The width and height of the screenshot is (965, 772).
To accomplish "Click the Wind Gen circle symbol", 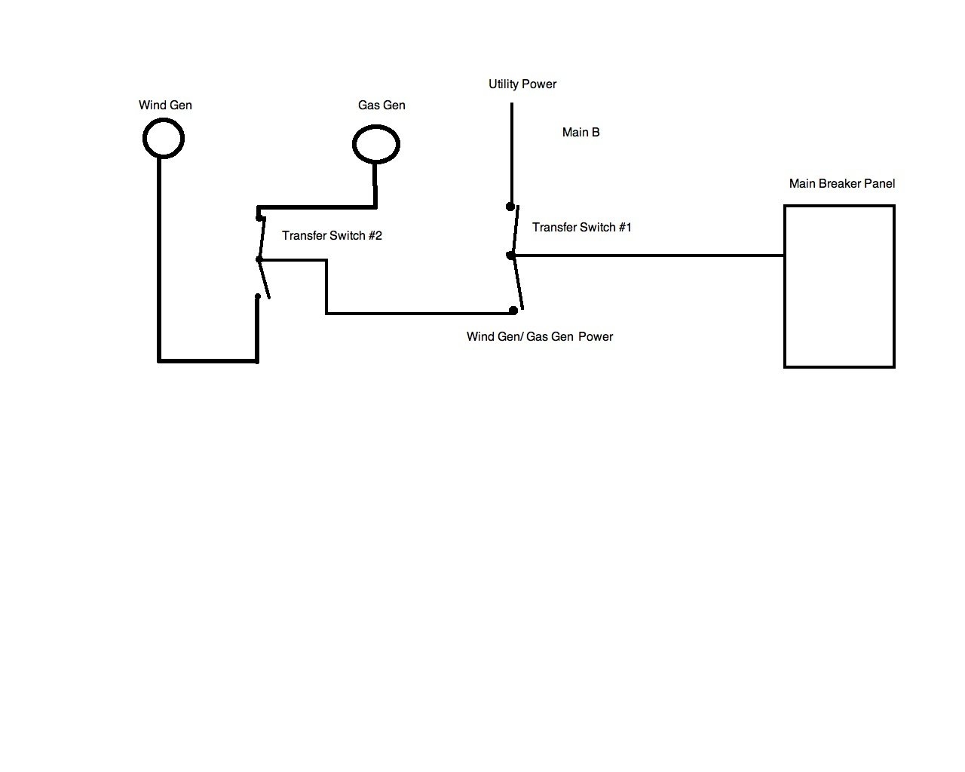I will point(163,139).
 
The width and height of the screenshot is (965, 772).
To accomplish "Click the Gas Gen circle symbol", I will point(376,144).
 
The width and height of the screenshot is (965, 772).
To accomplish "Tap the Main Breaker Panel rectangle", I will point(839,286).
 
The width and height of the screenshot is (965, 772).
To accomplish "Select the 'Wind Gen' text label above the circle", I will point(165,105).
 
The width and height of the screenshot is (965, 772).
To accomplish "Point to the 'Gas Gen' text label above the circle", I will point(381,105).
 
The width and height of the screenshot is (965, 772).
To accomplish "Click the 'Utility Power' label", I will point(522,84).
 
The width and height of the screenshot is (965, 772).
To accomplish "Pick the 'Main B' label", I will point(581,132).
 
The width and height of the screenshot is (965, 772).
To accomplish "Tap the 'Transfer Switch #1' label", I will point(581,227).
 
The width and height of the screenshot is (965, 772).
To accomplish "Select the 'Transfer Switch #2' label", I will point(332,235).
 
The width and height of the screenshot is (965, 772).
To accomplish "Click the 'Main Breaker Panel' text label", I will point(842,183).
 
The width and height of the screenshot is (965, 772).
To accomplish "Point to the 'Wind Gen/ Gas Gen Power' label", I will point(539,336).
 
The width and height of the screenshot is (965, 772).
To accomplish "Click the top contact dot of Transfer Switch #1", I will point(510,206).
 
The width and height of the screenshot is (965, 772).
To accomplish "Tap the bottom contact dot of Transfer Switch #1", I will point(513,310).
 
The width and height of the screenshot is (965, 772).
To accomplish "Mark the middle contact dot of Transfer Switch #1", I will point(510,256).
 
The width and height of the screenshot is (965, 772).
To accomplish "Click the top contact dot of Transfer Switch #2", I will point(260,219).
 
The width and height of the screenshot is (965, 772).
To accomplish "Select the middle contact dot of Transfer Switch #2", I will point(259,259).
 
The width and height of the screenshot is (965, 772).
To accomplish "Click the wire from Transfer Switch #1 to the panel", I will point(648,256).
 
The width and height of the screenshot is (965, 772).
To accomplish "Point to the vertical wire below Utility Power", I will point(511,151).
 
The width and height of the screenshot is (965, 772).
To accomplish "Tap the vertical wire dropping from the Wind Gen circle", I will point(159,256).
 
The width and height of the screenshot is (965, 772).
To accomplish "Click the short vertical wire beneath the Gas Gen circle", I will point(375,185).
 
